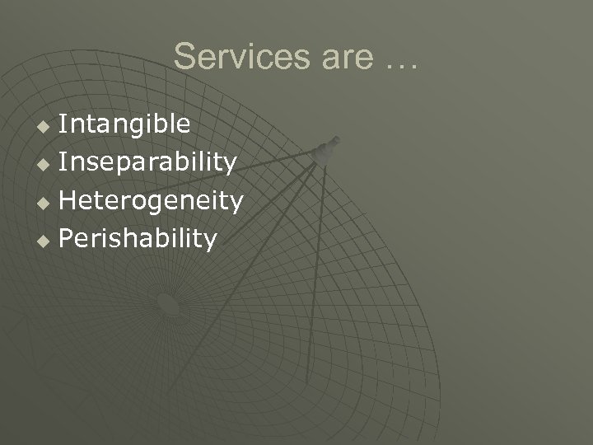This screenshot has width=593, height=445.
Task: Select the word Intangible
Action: click(125, 124)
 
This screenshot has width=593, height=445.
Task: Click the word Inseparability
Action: click(147, 163)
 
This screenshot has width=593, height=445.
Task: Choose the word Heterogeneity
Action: click(151, 201)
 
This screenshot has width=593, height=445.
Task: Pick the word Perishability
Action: click(138, 239)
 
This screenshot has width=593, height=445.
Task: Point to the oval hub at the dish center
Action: click(168, 305)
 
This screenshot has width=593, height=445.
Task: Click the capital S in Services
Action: click(184, 57)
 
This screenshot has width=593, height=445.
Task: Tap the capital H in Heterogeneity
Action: click(69, 201)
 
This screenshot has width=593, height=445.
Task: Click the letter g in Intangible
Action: click(141, 128)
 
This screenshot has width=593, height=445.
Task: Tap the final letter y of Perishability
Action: click(210, 242)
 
